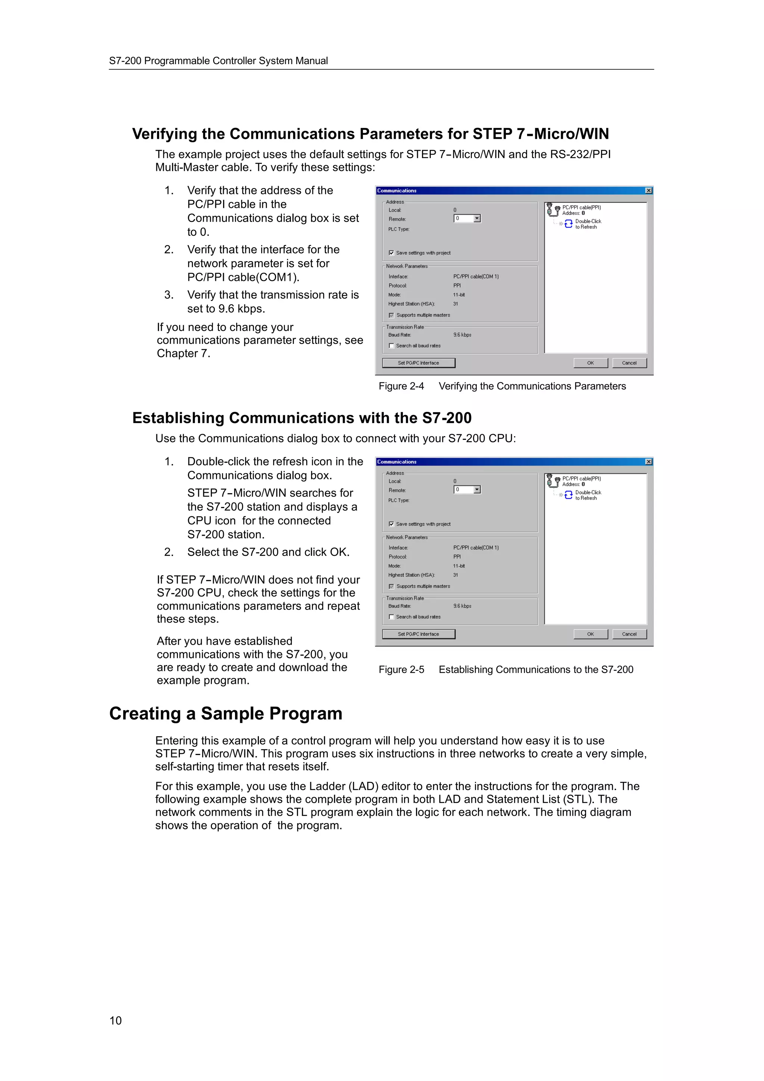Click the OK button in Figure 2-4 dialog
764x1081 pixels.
pos(590,363)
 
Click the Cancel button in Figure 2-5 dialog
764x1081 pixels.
pos(629,634)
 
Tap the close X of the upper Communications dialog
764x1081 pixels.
pos(648,191)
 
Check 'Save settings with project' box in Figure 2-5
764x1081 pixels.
pos(391,524)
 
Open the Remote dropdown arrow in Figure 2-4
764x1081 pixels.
pos(477,219)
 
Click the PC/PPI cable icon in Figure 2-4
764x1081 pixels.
pos(552,210)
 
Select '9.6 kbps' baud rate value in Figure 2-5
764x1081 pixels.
pos(462,606)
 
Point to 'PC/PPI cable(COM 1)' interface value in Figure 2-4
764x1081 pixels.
pos(475,276)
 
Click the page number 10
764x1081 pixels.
pos(115,1020)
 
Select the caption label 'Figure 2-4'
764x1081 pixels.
pos(401,386)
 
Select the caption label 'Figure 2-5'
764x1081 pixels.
pos(401,670)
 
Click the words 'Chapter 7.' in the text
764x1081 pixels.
pos(183,354)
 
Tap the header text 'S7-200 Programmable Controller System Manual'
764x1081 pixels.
pos(219,61)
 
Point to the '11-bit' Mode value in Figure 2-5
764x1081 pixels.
pos(458,566)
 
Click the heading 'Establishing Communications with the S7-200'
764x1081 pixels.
pos(302,418)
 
